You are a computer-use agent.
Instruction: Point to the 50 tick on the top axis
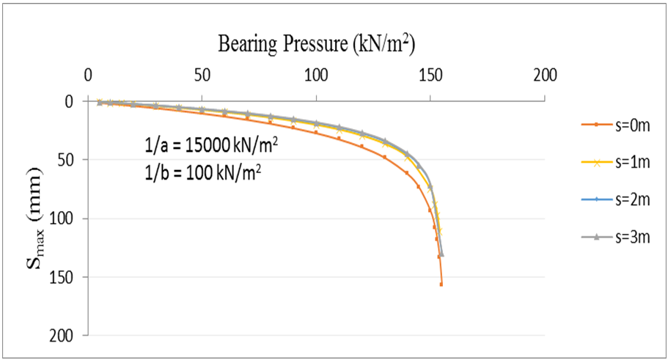pyautogui.click(x=202, y=75)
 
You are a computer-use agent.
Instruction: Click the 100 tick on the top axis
pyautogui.click(x=316, y=75)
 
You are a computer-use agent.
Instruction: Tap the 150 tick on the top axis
pyautogui.click(x=430, y=75)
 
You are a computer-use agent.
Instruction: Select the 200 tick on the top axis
pyautogui.click(x=545, y=75)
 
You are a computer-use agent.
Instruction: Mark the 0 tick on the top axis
pyautogui.click(x=88, y=75)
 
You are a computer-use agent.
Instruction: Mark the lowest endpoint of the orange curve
pyautogui.click(x=441, y=284)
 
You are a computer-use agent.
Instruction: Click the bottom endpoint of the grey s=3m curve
pyautogui.click(x=442, y=254)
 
